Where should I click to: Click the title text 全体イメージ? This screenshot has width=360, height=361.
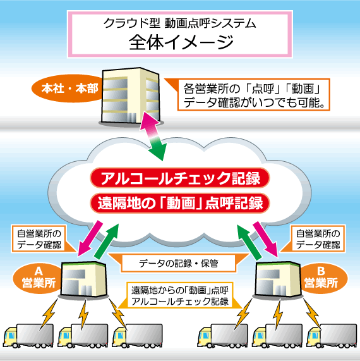click(181, 42)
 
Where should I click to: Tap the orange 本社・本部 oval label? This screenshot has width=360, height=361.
click(67, 89)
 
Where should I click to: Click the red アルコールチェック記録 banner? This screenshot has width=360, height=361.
click(180, 178)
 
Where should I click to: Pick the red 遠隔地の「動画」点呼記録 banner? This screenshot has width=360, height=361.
click(180, 203)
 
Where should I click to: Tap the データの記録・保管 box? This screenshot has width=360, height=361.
click(179, 263)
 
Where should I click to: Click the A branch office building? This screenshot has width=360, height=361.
click(84, 279)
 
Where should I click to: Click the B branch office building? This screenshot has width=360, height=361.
click(278, 279)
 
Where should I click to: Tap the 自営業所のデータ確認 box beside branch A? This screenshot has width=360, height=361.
click(39, 239)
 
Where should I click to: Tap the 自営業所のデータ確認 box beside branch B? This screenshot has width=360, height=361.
click(318, 239)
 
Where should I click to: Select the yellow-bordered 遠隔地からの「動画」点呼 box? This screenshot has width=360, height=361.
click(180, 296)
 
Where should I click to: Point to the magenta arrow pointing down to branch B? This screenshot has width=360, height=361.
click(266, 239)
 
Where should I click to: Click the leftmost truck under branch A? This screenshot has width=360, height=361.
click(28, 336)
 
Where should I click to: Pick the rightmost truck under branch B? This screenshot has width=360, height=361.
click(332, 336)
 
